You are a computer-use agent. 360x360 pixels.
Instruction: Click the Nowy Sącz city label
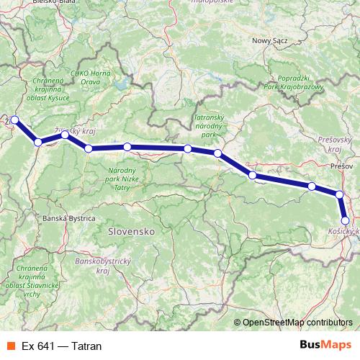[x=269, y=42]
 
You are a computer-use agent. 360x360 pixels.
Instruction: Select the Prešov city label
[x=340, y=166]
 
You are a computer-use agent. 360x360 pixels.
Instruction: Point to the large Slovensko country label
[x=132, y=233]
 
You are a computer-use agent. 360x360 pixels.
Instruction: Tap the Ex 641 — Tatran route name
[x=62, y=346]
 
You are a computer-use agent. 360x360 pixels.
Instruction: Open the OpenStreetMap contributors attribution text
[x=297, y=322]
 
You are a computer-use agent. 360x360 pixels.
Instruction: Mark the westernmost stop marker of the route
[x=14, y=120]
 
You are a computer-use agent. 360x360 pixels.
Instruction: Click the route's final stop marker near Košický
[x=346, y=221]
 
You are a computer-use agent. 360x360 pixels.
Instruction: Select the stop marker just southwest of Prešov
[x=340, y=194]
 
